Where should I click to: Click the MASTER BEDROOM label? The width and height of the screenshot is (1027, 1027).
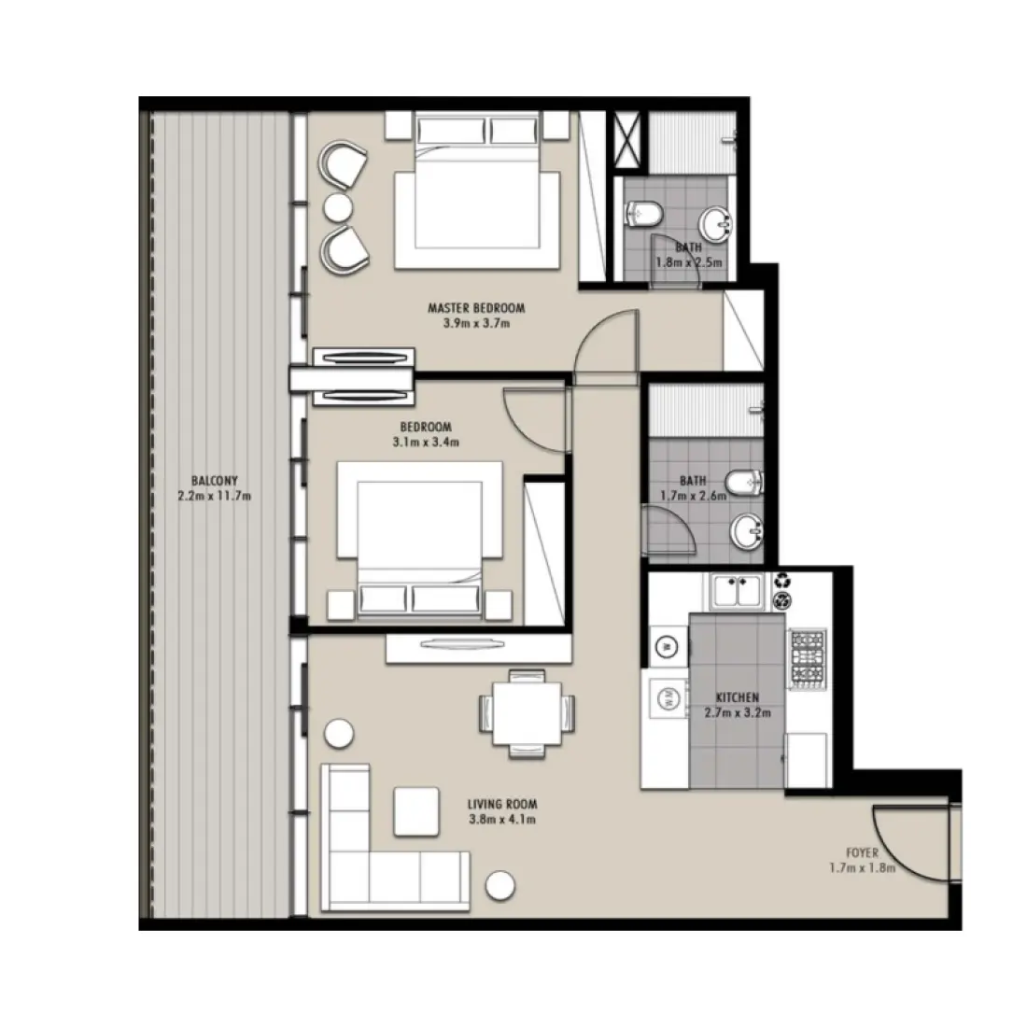(x=475, y=307)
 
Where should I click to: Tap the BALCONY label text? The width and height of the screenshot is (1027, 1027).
(x=214, y=482)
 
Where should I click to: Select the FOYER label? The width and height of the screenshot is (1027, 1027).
(x=862, y=853)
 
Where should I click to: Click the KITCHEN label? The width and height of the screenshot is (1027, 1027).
(x=737, y=697)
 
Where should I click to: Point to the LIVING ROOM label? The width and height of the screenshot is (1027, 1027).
(x=503, y=804)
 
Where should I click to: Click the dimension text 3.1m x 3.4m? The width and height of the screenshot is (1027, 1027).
(x=426, y=443)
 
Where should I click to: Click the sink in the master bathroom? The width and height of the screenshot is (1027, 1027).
(x=718, y=222)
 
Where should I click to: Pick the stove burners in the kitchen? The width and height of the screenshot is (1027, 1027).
(x=808, y=657)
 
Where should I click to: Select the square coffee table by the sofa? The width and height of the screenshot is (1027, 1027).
(x=415, y=810)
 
